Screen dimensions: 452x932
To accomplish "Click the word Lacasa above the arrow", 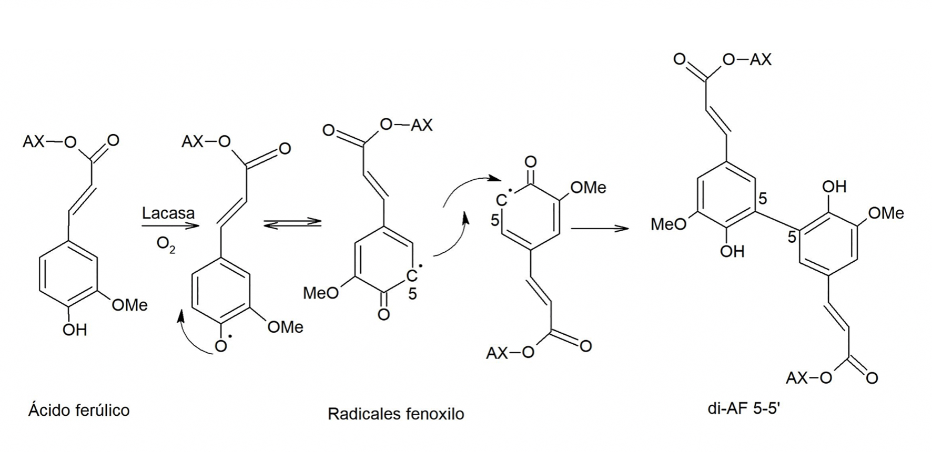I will [x=168, y=213].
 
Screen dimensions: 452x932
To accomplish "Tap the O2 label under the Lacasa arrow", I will [x=166, y=245].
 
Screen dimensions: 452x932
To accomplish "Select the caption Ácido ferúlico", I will [x=79, y=410].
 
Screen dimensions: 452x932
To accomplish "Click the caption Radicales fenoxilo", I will [x=396, y=414].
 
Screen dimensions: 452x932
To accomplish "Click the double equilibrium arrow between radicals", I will [x=292, y=223].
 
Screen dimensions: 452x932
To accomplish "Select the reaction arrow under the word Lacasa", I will [x=169, y=226].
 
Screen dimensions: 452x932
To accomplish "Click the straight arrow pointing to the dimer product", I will [x=600, y=229].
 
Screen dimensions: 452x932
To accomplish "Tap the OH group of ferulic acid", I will [x=74, y=330].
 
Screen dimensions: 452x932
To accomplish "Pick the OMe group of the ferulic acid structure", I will [x=129, y=305].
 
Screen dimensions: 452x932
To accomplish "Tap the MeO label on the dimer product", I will [x=668, y=224].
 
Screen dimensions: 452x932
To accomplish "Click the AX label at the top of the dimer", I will [x=760, y=60].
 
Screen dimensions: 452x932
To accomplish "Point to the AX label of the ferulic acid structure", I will [x=34, y=141].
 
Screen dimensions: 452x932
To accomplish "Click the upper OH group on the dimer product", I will [x=834, y=187].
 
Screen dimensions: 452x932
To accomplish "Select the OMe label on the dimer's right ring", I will [x=886, y=213].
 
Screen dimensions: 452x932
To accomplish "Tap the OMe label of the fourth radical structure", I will [x=588, y=188].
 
